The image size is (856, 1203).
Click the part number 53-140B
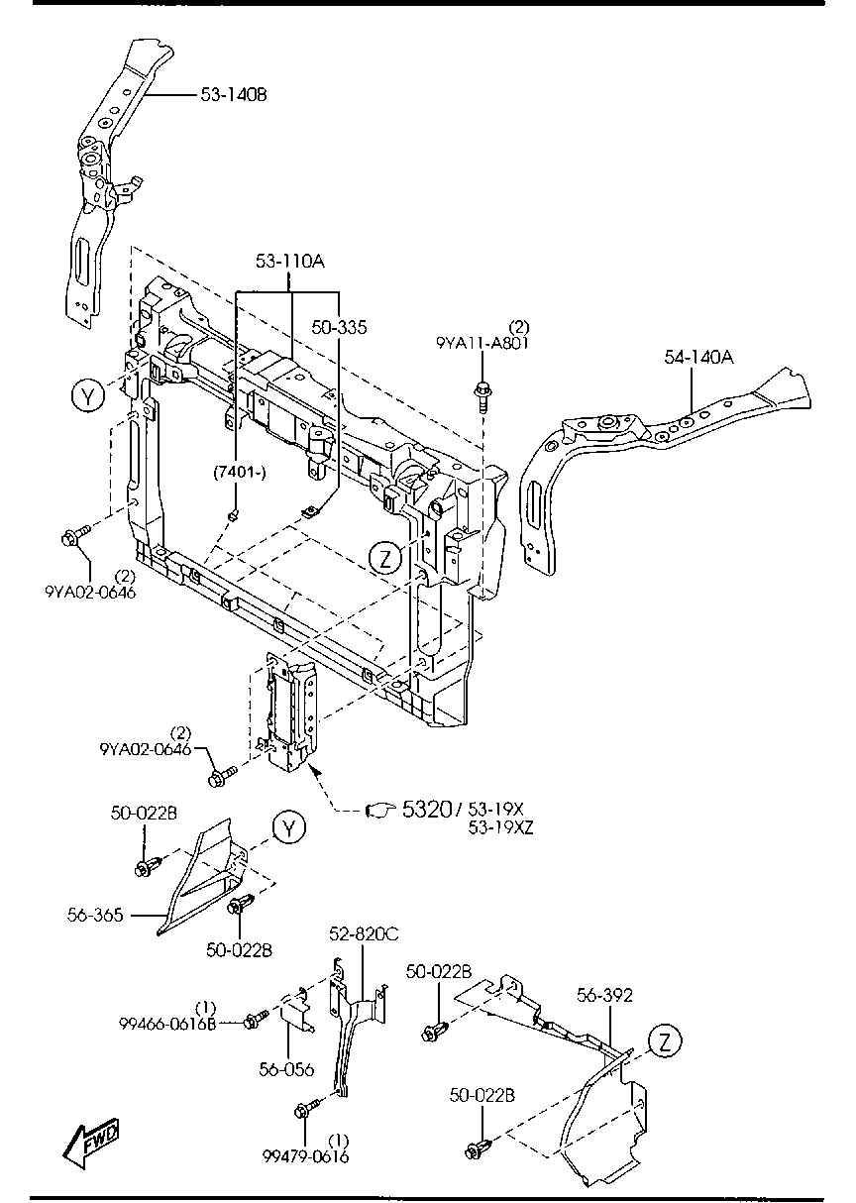coord(235,95)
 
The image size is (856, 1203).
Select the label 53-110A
coord(289,262)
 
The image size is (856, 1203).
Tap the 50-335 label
coord(339,327)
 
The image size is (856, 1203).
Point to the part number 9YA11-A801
coord(482,343)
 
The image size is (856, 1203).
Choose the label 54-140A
coord(698,357)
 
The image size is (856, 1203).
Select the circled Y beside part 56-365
coord(288,827)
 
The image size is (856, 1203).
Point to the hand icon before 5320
coord(380,811)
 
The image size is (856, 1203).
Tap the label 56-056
coord(286,1069)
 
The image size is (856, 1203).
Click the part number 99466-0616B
coord(167,1024)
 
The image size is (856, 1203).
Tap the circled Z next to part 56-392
coord(666,1040)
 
